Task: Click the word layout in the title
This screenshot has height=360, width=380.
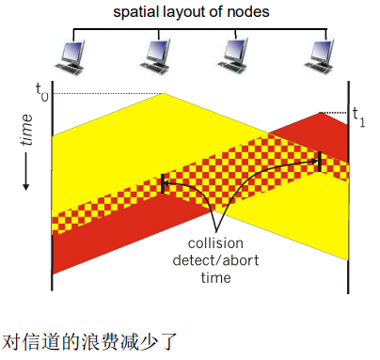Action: tap(195, 13)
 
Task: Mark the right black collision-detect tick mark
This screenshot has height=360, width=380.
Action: tap(321, 163)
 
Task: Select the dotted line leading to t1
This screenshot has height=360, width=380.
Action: tap(335, 113)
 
